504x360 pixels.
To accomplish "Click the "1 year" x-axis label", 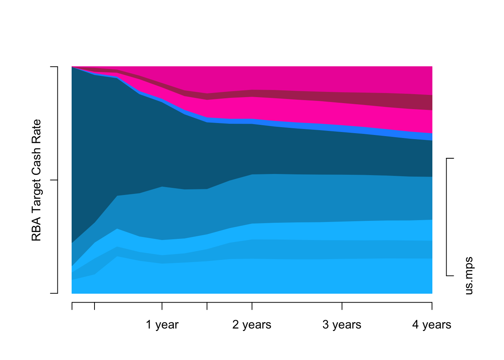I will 162,325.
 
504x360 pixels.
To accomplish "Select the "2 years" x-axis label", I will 252,325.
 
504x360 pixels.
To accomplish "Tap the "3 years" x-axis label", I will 342,325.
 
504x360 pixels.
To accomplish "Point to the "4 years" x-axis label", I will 432,325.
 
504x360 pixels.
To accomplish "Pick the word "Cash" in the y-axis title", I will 36,160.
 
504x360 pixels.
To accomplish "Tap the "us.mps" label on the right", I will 469,276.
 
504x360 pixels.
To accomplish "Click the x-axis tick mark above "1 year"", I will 162,306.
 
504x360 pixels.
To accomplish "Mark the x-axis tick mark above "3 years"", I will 342,306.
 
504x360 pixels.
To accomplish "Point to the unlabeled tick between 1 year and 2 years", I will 207,306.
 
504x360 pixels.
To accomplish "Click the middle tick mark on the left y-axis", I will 54,180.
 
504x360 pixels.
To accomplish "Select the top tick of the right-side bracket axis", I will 450,159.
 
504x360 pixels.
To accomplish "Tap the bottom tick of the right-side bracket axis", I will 450,276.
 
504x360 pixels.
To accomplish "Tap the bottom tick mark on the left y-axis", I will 54,293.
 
